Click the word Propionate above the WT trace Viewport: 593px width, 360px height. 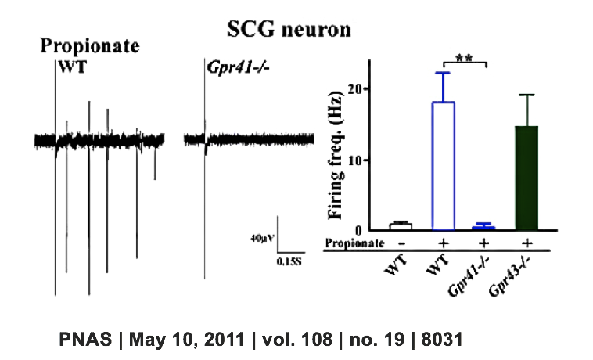90,45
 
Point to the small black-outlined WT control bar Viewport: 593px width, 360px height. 401,227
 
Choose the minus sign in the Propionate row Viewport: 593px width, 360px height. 401,243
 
